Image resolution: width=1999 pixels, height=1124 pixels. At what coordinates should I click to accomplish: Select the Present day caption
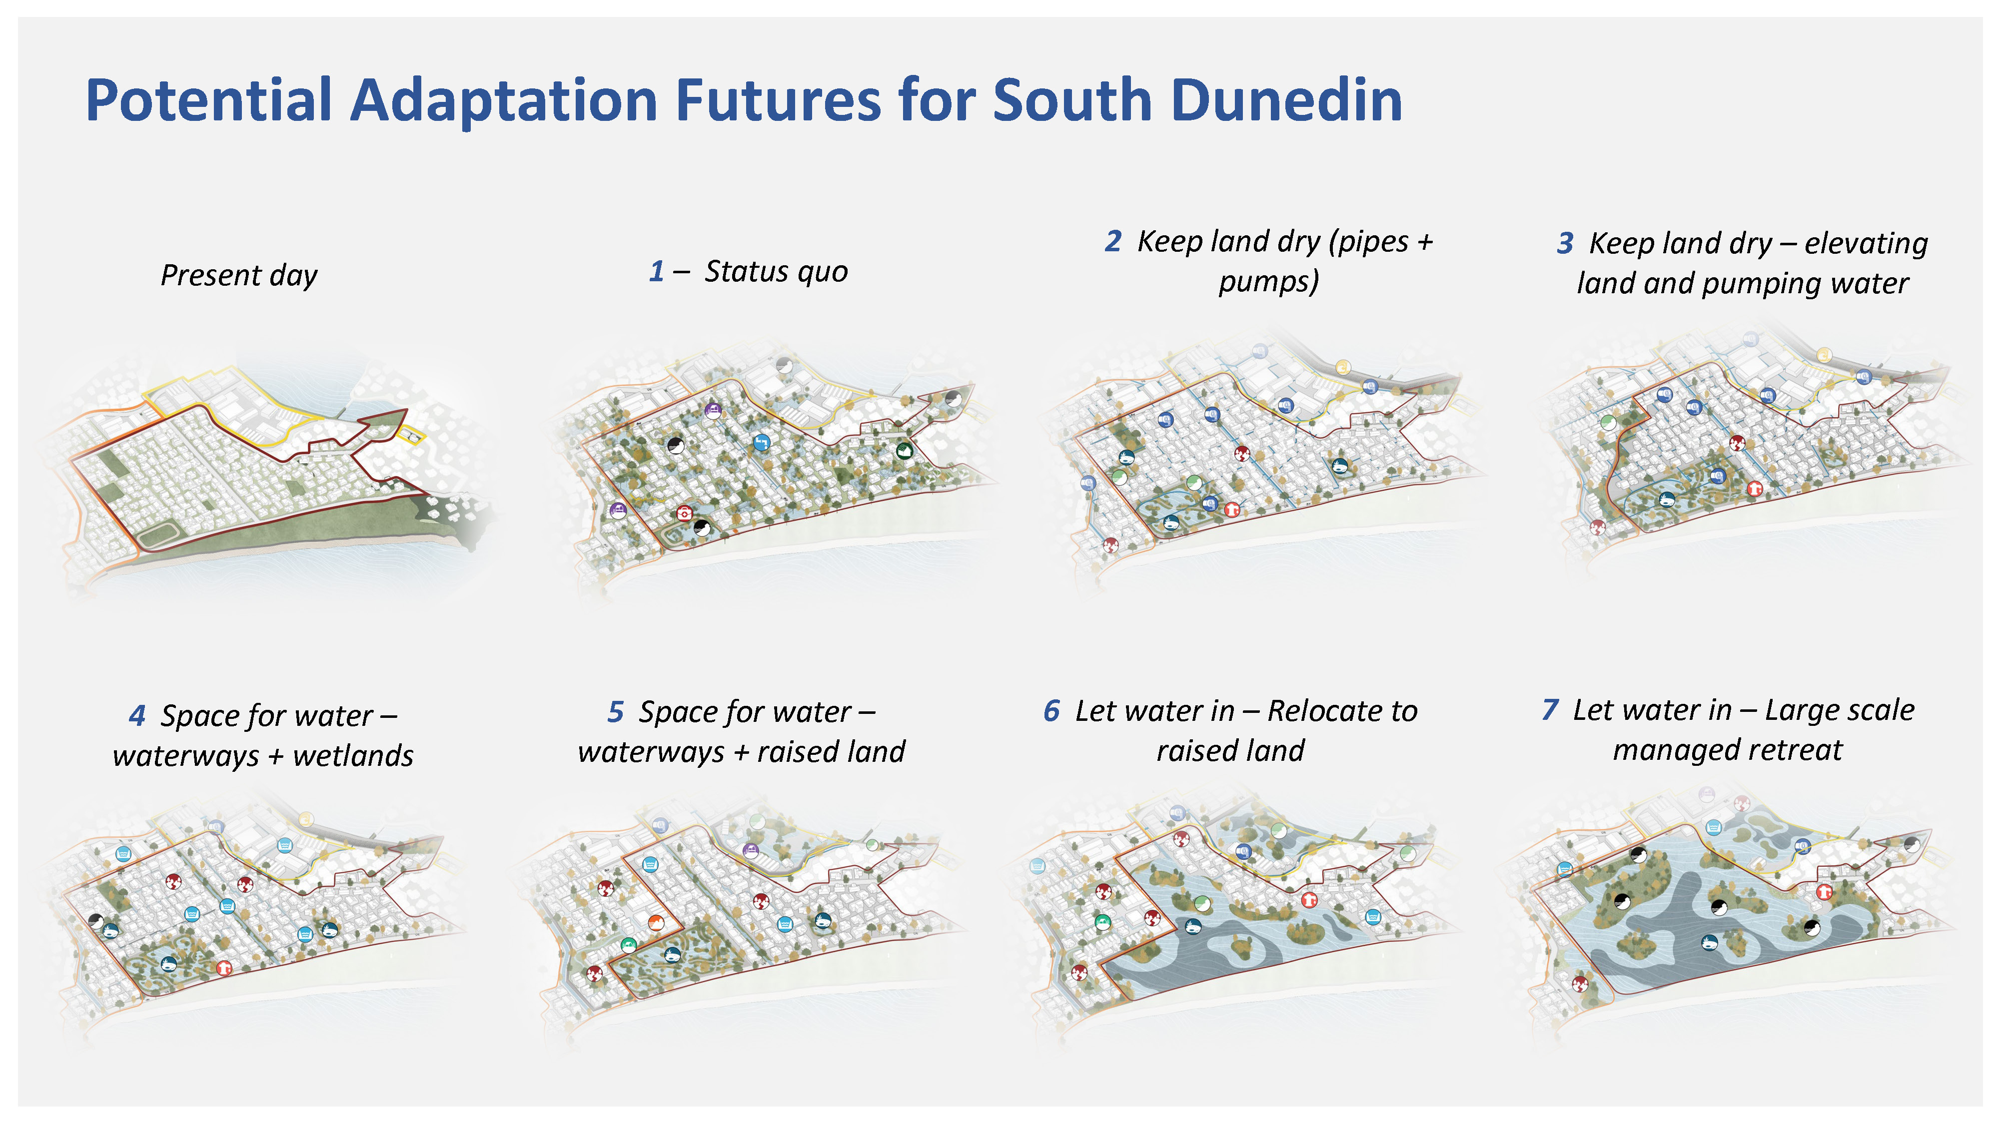click(x=239, y=275)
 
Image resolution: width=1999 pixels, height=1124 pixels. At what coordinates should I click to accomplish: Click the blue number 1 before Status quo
click(x=657, y=271)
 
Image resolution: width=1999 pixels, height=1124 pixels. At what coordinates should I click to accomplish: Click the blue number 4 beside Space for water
click(x=137, y=715)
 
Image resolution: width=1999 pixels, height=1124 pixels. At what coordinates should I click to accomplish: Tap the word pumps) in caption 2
click(x=1269, y=282)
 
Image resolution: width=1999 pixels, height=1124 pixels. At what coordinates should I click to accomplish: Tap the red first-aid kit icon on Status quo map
click(x=685, y=513)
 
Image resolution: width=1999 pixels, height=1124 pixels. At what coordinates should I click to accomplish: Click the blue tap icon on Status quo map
click(x=761, y=443)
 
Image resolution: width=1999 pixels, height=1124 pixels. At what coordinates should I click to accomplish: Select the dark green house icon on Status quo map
click(x=904, y=450)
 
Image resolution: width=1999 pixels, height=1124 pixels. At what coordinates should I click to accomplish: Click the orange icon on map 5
click(x=656, y=922)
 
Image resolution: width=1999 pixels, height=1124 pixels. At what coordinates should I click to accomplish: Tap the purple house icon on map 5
click(x=751, y=851)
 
